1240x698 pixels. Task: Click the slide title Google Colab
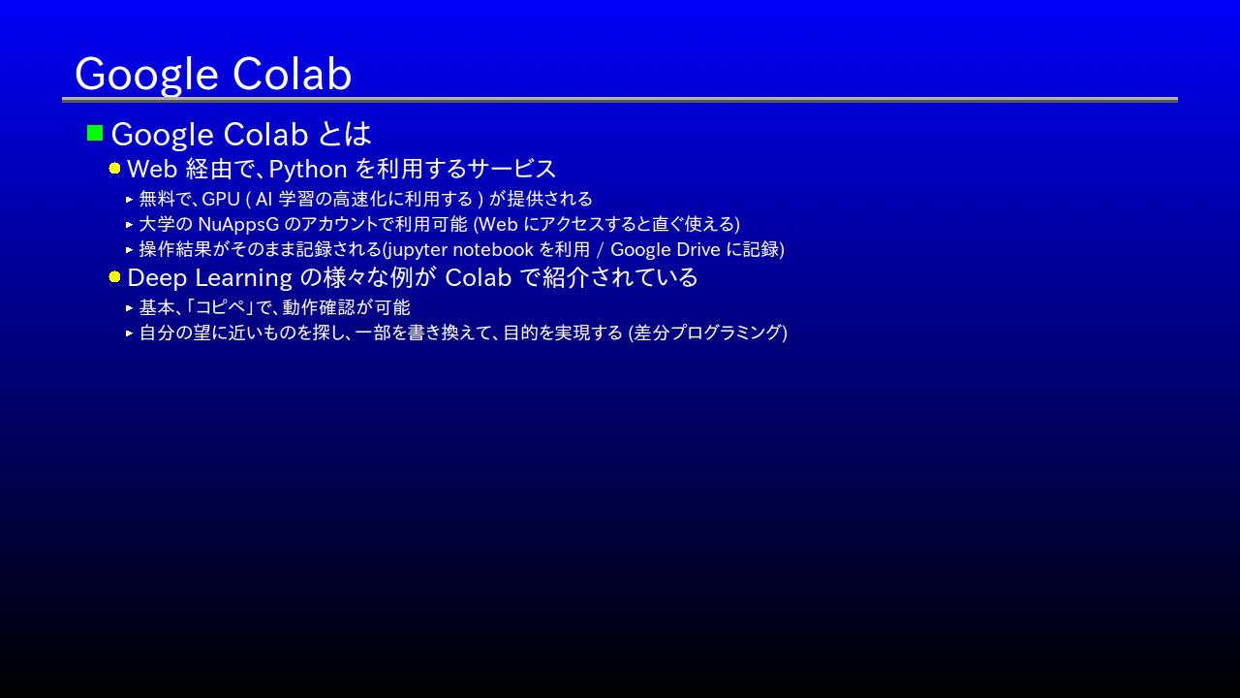click(x=213, y=75)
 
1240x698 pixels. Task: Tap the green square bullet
click(x=95, y=133)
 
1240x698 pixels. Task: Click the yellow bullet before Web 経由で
click(x=114, y=169)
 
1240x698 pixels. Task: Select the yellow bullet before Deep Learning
click(x=114, y=277)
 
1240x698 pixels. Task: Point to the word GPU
click(x=221, y=199)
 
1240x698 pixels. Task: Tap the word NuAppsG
click(x=238, y=224)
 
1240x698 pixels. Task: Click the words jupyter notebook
click(x=459, y=250)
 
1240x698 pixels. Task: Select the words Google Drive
click(x=665, y=250)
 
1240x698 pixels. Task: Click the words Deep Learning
click(x=210, y=278)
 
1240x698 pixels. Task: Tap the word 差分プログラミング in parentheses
click(x=707, y=333)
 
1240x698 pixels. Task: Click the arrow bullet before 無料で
click(x=130, y=199)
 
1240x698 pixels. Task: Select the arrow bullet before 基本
click(x=130, y=307)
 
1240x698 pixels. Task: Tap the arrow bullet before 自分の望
click(x=130, y=333)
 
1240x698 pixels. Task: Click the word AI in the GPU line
click(x=263, y=199)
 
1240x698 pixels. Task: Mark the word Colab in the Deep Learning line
click(x=479, y=278)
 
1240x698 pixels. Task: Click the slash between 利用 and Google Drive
click(x=600, y=250)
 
